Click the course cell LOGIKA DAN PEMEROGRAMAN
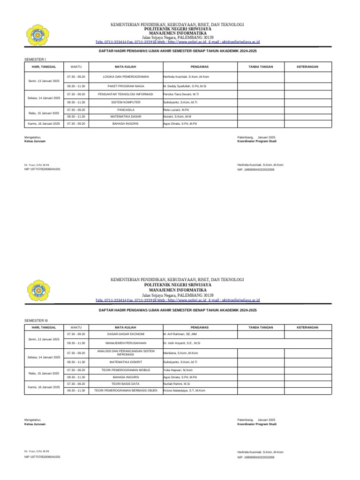(x=125, y=76)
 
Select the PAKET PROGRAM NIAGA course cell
(x=125, y=87)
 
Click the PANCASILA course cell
(x=125, y=109)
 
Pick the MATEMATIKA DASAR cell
(x=125, y=116)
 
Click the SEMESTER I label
(x=35, y=60)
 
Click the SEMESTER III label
(x=36, y=320)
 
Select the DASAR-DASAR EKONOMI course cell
(x=125, y=334)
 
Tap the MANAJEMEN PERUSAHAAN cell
(x=125, y=343)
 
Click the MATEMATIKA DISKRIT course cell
(x=125, y=362)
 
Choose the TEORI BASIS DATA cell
(x=125, y=383)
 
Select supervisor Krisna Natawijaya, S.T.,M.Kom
(x=184, y=390)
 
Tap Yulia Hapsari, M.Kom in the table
(x=178, y=370)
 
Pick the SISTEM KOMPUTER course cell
(x=125, y=102)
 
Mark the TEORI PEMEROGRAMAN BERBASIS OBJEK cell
(x=125, y=390)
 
